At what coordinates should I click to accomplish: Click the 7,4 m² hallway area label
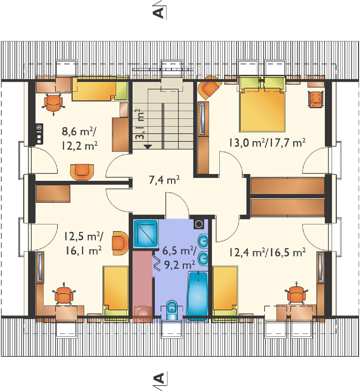click(165, 180)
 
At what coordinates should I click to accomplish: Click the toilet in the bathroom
click(171, 310)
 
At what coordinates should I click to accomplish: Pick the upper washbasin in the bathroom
click(203, 241)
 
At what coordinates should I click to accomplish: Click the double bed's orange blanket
click(262, 109)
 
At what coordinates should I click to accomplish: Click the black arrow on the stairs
click(148, 147)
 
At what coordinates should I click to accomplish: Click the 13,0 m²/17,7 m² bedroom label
click(267, 143)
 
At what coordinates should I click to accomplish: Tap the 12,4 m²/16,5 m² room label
click(267, 253)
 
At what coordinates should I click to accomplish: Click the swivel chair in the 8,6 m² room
click(53, 104)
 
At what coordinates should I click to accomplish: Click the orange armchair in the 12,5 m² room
click(121, 243)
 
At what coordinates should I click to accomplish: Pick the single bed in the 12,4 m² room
click(225, 294)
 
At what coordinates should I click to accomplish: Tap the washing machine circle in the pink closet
click(143, 313)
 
